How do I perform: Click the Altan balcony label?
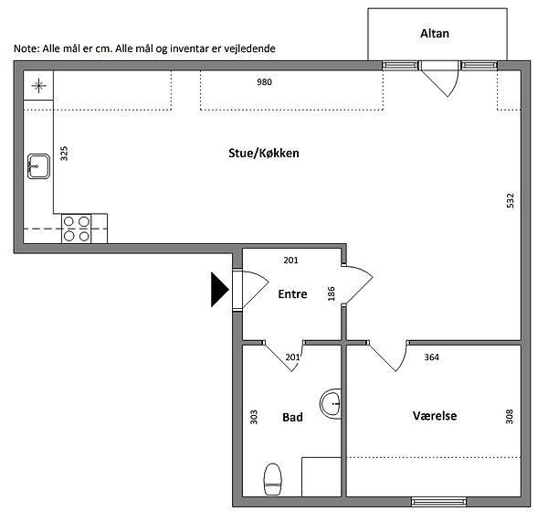[x=435, y=34]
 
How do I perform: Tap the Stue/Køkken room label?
[x=264, y=154]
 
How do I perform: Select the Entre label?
[x=292, y=293]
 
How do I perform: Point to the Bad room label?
[x=292, y=417]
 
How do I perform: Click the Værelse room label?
[x=435, y=416]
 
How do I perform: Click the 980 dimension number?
[x=264, y=82]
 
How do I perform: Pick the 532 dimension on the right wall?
[x=511, y=201]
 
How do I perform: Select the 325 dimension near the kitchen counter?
[x=64, y=154]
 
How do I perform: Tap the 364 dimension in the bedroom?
[x=432, y=357]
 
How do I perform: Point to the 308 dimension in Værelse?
[x=510, y=417]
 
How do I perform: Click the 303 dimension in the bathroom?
[x=254, y=417]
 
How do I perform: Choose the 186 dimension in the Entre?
[x=332, y=293]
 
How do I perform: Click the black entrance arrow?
[x=220, y=290]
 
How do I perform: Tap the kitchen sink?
[x=38, y=166]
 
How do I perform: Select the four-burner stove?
[x=77, y=229]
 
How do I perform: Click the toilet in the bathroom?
[x=272, y=479]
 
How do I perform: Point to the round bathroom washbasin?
[x=331, y=404]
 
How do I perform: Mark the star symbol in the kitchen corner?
[x=38, y=86]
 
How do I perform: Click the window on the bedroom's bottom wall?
[x=439, y=503]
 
